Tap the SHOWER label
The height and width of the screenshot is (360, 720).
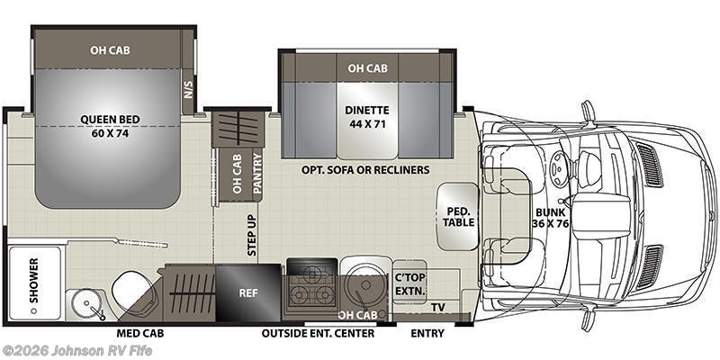point(33,274)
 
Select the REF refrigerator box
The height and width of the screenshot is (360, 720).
point(247,292)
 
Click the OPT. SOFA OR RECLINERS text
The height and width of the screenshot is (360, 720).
point(365,170)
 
